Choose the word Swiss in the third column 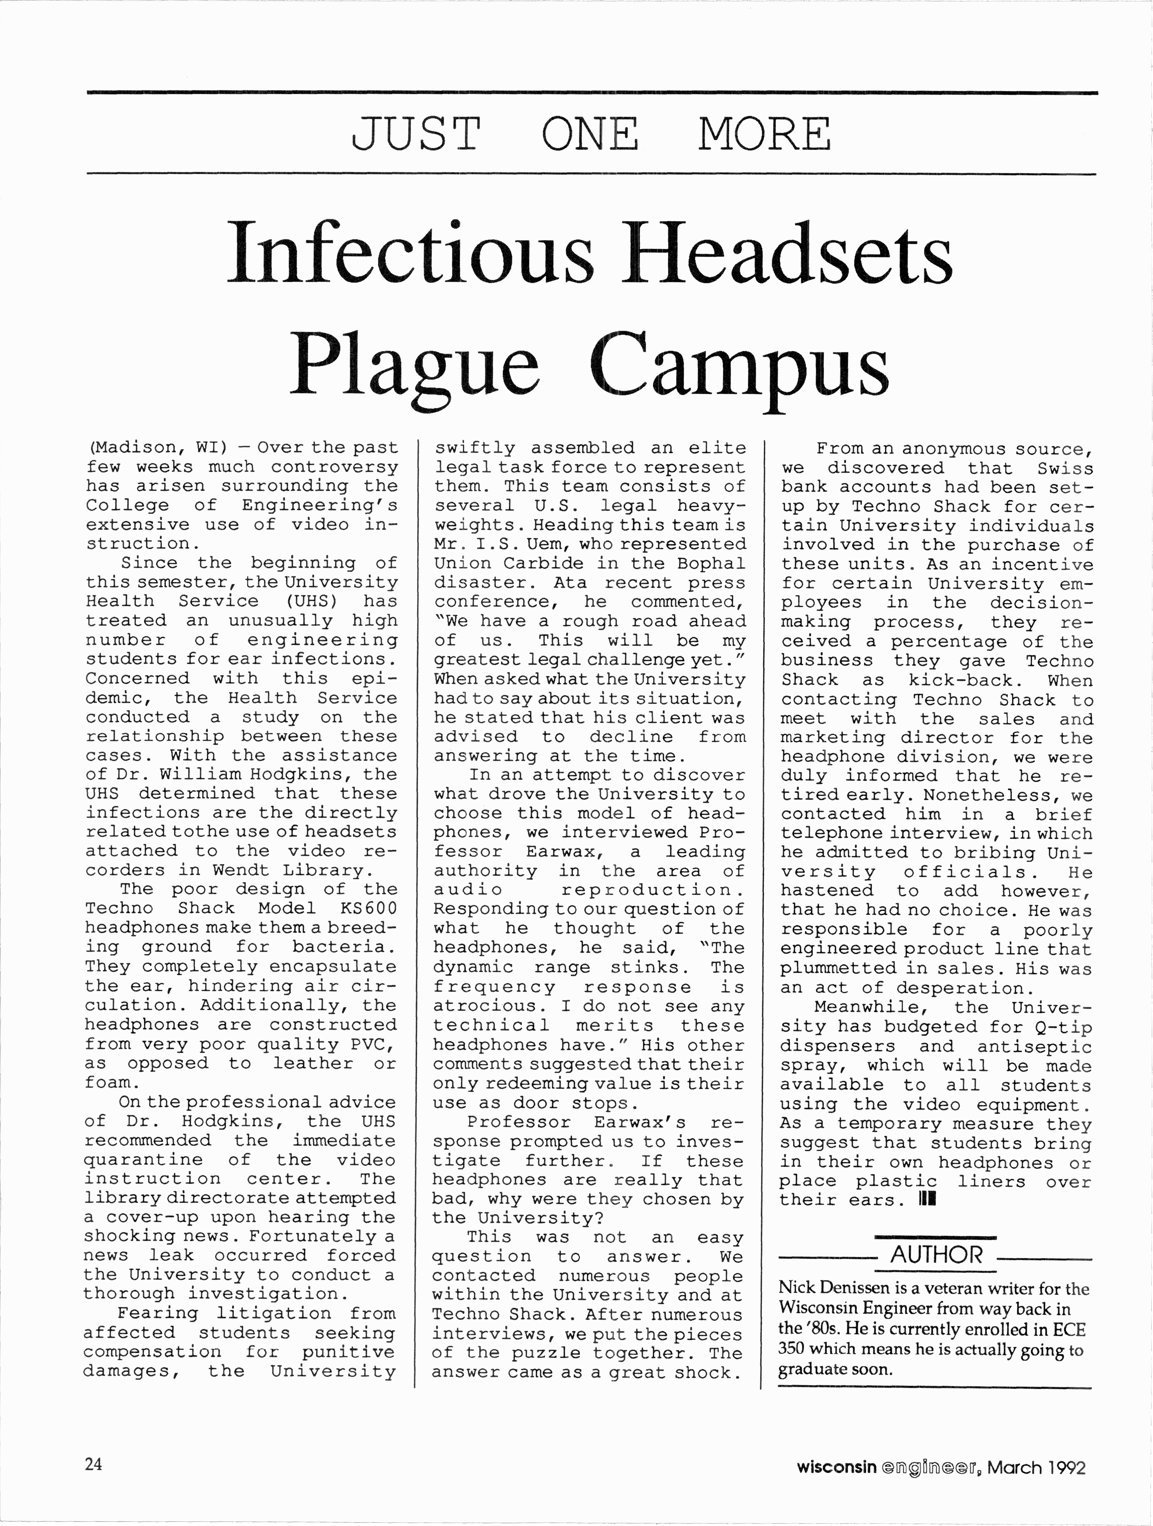click(x=1065, y=468)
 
